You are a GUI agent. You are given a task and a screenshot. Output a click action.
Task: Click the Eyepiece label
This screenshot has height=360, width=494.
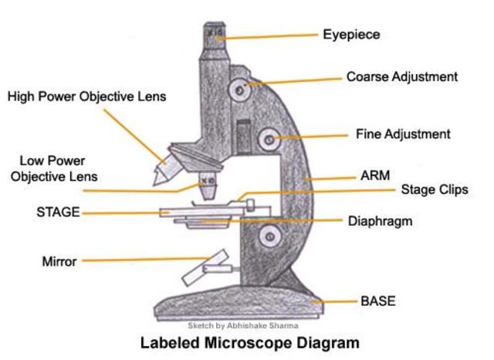351,35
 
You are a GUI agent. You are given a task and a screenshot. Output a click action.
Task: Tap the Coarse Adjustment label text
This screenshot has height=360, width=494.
401,77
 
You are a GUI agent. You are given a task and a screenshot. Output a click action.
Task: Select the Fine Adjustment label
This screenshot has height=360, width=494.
403,134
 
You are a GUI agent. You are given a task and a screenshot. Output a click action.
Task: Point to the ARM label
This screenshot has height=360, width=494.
375,176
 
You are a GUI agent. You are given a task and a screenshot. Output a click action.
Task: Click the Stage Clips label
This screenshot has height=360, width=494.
434,190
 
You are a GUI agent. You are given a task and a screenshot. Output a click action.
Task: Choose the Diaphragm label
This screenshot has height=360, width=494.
380,221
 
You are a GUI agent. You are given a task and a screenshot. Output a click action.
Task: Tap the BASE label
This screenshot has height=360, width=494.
377,301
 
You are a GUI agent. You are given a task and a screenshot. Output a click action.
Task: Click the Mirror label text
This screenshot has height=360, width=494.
59,261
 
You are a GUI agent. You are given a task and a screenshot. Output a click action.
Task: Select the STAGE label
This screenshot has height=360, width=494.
58,212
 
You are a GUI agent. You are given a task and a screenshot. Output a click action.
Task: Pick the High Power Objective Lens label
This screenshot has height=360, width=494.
86,97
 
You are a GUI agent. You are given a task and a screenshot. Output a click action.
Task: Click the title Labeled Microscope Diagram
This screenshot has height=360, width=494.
249,341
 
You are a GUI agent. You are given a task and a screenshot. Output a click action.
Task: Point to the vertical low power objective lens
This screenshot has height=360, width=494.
208,185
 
